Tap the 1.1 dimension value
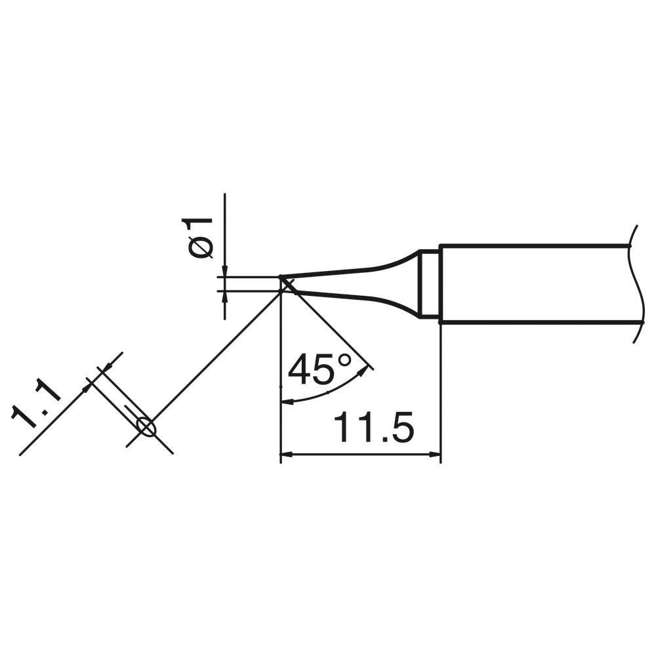[x=37, y=407]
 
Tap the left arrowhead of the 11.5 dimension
[x=286, y=454]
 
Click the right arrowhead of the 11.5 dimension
[x=434, y=454]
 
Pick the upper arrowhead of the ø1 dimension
[x=224, y=272]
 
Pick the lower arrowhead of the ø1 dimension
[x=224, y=296]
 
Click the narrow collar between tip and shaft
[x=430, y=283]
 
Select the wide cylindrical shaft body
[x=531, y=284]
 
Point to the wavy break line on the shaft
[x=635, y=283]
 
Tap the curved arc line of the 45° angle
[x=328, y=394]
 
